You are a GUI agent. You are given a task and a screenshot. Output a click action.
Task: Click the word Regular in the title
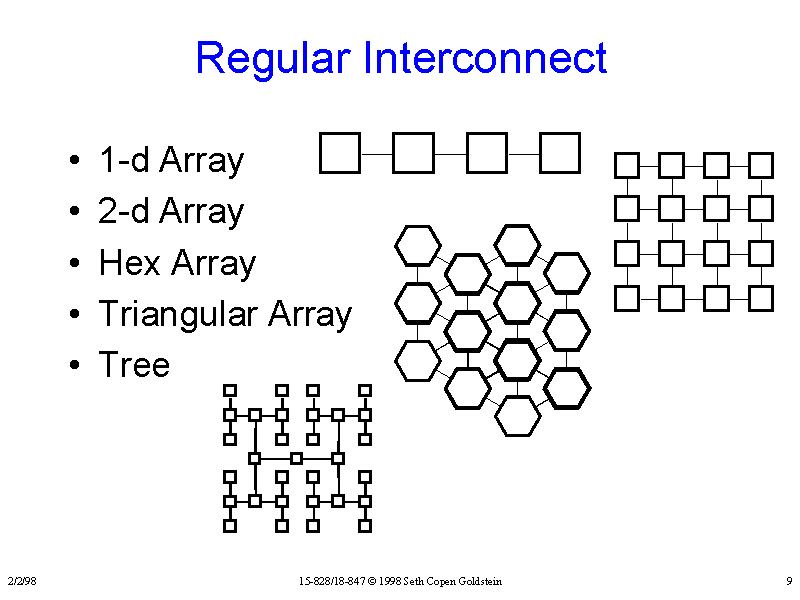pyautogui.click(x=273, y=58)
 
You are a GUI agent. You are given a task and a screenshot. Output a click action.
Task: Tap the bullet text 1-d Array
pyautogui.click(x=171, y=160)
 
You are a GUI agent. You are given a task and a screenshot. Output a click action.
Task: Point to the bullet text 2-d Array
pyautogui.click(x=171, y=211)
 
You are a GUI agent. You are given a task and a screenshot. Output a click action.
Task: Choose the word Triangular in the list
pyautogui.click(x=180, y=315)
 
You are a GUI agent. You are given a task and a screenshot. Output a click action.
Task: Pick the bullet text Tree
pyautogui.click(x=134, y=365)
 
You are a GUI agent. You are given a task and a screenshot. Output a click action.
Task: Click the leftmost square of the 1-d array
pyautogui.click(x=339, y=153)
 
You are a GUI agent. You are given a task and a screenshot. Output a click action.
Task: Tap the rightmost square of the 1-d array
pyautogui.click(x=560, y=153)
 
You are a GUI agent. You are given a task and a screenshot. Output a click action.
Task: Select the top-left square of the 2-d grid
pyautogui.click(x=626, y=164)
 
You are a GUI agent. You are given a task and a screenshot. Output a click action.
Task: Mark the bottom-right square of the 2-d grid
pyautogui.click(x=762, y=297)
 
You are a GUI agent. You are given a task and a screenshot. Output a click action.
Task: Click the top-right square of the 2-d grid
pyautogui.click(x=762, y=164)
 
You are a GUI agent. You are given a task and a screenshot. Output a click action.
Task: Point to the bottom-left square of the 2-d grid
pyautogui.click(x=626, y=297)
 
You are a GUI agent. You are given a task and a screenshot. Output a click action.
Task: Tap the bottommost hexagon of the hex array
pyautogui.click(x=517, y=416)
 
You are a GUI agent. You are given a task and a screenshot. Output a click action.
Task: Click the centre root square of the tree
pyautogui.click(x=296, y=458)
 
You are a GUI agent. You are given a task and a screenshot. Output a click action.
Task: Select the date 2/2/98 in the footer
pyautogui.click(x=21, y=581)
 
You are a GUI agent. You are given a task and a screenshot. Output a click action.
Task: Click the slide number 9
pyautogui.click(x=789, y=581)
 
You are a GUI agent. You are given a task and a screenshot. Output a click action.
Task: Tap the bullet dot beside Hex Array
pyautogui.click(x=76, y=265)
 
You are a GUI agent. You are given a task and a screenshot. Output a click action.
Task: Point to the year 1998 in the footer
pyautogui.click(x=389, y=581)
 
